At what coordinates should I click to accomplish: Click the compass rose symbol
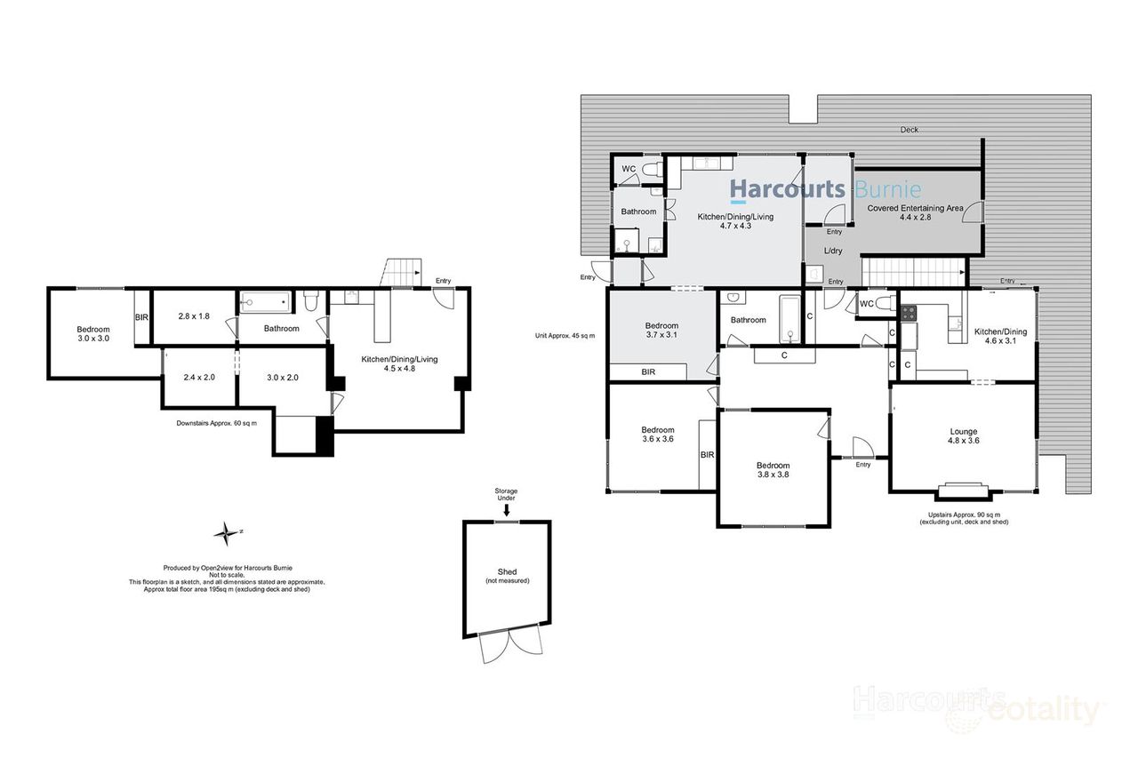pos(228,533)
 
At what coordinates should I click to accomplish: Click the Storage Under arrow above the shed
pos(507,510)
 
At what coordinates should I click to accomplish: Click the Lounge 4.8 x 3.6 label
pos(964,436)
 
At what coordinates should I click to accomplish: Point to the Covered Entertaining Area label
pos(915,213)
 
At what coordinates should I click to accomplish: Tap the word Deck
pos(909,130)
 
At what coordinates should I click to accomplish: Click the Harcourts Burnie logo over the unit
pos(825,189)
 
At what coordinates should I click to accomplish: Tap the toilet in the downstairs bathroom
pos(311,302)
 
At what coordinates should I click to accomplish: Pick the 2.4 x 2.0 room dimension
pos(198,377)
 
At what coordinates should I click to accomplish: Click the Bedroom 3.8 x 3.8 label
pos(773,470)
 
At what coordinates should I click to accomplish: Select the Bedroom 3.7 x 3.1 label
pos(661,331)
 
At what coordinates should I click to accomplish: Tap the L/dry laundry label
pos(833,251)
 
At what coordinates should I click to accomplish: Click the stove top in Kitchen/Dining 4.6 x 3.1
pos(910,313)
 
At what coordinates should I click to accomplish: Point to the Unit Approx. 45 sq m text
pos(565,335)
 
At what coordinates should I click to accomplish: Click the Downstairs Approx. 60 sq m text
pos(217,423)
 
